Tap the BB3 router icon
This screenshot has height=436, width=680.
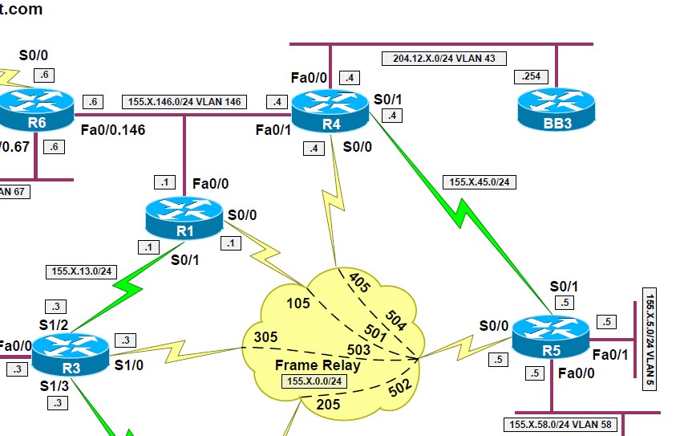pyautogui.click(x=555, y=109)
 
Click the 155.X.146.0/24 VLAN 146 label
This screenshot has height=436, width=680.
pyautogui.click(x=184, y=102)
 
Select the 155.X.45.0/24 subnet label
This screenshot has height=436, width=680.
pyautogui.click(x=480, y=182)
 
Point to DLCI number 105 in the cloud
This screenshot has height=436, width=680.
pyautogui.click(x=297, y=303)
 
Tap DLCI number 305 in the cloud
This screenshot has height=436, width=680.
pyautogui.click(x=265, y=336)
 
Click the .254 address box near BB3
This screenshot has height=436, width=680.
pyautogui.click(x=531, y=77)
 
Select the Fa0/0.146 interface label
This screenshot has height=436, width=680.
pyautogui.click(x=113, y=128)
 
